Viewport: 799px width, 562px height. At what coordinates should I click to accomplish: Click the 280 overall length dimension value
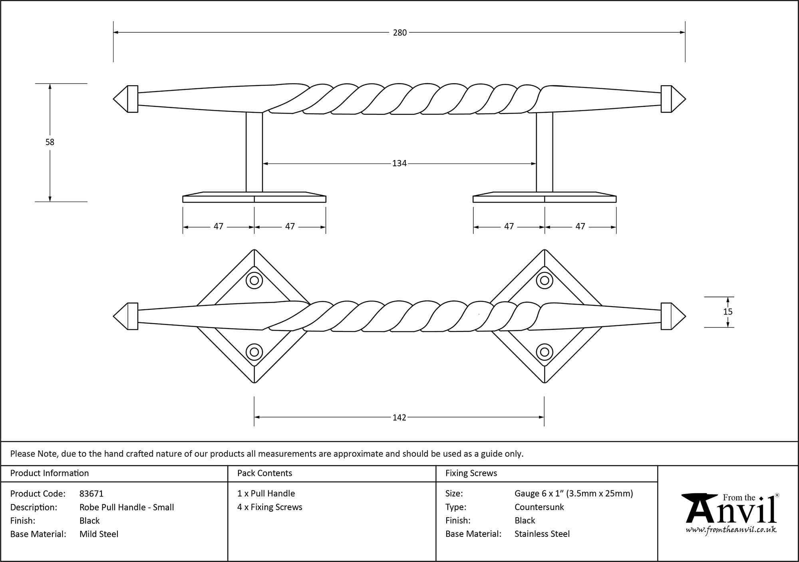click(399, 33)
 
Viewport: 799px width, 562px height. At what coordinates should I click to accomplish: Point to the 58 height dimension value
click(50, 142)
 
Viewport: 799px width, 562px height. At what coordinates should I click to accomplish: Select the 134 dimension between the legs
click(399, 163)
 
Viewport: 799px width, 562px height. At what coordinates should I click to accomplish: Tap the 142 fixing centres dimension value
click(399, 418)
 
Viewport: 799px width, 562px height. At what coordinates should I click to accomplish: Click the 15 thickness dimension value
click(727, 312)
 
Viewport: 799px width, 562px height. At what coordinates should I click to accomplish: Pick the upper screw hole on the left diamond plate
click(254, 280)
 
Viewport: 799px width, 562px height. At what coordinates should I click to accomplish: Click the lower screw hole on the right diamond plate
click(544, 352)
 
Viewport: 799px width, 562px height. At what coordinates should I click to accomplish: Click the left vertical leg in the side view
click(254, 152)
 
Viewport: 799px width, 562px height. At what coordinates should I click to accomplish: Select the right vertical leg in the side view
click(545, 152)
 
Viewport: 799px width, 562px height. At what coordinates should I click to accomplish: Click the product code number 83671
click(91, 494)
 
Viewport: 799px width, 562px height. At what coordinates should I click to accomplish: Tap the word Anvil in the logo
click(731, 512)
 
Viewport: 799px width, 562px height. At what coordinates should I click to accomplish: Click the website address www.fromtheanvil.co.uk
click(731, 530)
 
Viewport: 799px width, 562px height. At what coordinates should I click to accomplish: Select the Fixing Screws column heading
click(471, 473)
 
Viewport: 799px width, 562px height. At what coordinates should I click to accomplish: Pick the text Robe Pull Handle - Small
click(127, 507)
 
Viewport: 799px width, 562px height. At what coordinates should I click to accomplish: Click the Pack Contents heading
click(264, 473)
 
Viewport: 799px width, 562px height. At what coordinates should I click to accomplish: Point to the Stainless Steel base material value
click(542, 534)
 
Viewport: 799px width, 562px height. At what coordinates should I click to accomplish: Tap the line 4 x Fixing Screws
click(270, 507)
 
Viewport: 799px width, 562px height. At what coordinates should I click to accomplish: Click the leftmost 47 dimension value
click(218, 227)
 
